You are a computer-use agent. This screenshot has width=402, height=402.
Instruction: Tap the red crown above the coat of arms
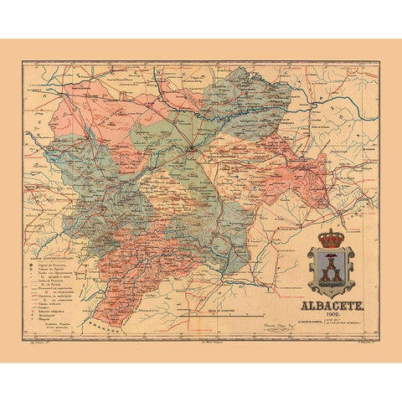tap(331, 238)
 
